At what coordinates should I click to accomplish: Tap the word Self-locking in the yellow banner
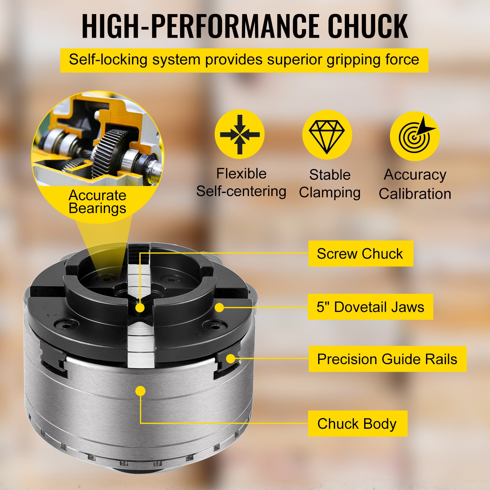[x=108, y=59]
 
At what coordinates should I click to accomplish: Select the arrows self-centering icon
[x=239, y=134]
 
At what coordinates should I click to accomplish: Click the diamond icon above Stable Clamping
[x=327, y=135]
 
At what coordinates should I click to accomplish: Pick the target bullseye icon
[x=415, y=136]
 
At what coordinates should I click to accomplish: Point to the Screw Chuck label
[x=360, y=254]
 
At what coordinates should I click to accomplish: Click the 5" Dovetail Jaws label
[x=370, y=307]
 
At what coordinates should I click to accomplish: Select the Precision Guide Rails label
[x=387, y=359]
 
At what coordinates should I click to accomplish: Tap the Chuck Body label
[x=357, y=424]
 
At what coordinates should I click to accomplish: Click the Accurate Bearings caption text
[x=97, y=202]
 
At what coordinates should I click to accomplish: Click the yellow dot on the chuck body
[x=140, y=391]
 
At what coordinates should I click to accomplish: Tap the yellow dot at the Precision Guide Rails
[x=231, y=358]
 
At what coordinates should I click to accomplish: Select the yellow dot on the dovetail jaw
[x=219, y=307]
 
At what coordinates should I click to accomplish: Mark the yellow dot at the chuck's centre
[x=140, y=307]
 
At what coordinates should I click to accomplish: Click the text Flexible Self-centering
[x=241, y=183]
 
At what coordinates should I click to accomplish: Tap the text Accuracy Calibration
[x=415, y=184]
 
